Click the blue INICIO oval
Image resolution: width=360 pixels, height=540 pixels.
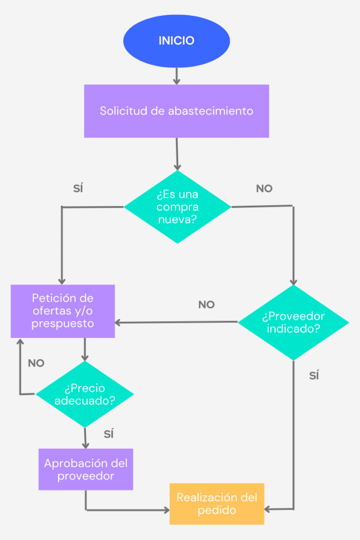click(x=177, y=41)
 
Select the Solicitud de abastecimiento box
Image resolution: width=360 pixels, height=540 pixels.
click(x=177, y=111)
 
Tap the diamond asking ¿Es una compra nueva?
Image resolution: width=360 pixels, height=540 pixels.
click(x=177, y=207)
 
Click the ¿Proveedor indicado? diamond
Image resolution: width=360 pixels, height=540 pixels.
click(x=293, y=323)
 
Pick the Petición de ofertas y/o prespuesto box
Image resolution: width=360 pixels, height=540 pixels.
click(x=63, y=311)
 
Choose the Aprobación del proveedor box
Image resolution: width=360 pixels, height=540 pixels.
click(x=85, y=469)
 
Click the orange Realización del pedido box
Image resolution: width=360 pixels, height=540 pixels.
click(x=217, y=504)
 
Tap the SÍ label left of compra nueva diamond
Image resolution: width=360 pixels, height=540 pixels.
click(x=78, y=188)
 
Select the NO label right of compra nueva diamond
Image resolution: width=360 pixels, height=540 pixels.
click(x=264, y=188)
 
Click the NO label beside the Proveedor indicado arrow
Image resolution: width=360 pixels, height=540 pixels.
click(x=207, y=304)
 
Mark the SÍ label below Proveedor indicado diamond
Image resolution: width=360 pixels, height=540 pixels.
click(x=314, y=375)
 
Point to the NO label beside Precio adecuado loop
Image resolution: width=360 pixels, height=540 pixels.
click(x=36, y=363)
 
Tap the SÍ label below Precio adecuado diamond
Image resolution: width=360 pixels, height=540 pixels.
click(x=109, y=434)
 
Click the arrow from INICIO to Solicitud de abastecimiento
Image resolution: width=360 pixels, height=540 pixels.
click(x=177, y=76)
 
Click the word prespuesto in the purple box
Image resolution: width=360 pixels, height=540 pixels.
click(x=63, y=323)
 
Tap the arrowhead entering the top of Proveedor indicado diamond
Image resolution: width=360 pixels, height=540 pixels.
click(x=294, y=282)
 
